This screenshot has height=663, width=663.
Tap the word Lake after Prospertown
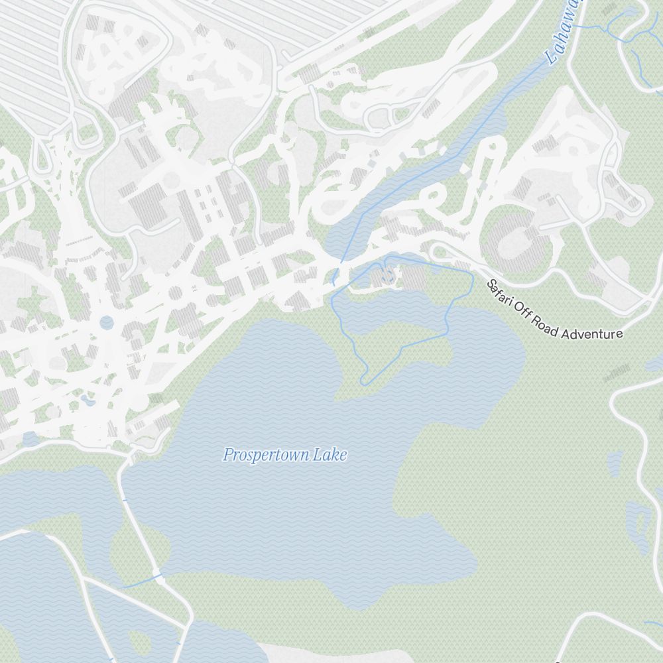point(330,455)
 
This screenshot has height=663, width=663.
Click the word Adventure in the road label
point(592,333)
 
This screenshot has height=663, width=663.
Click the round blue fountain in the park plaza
point(107,322)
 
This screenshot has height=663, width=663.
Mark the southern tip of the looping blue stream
point(363,383)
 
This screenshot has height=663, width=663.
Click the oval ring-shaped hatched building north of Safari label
point(519,243)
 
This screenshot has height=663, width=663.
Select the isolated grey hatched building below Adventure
point(617,373)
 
